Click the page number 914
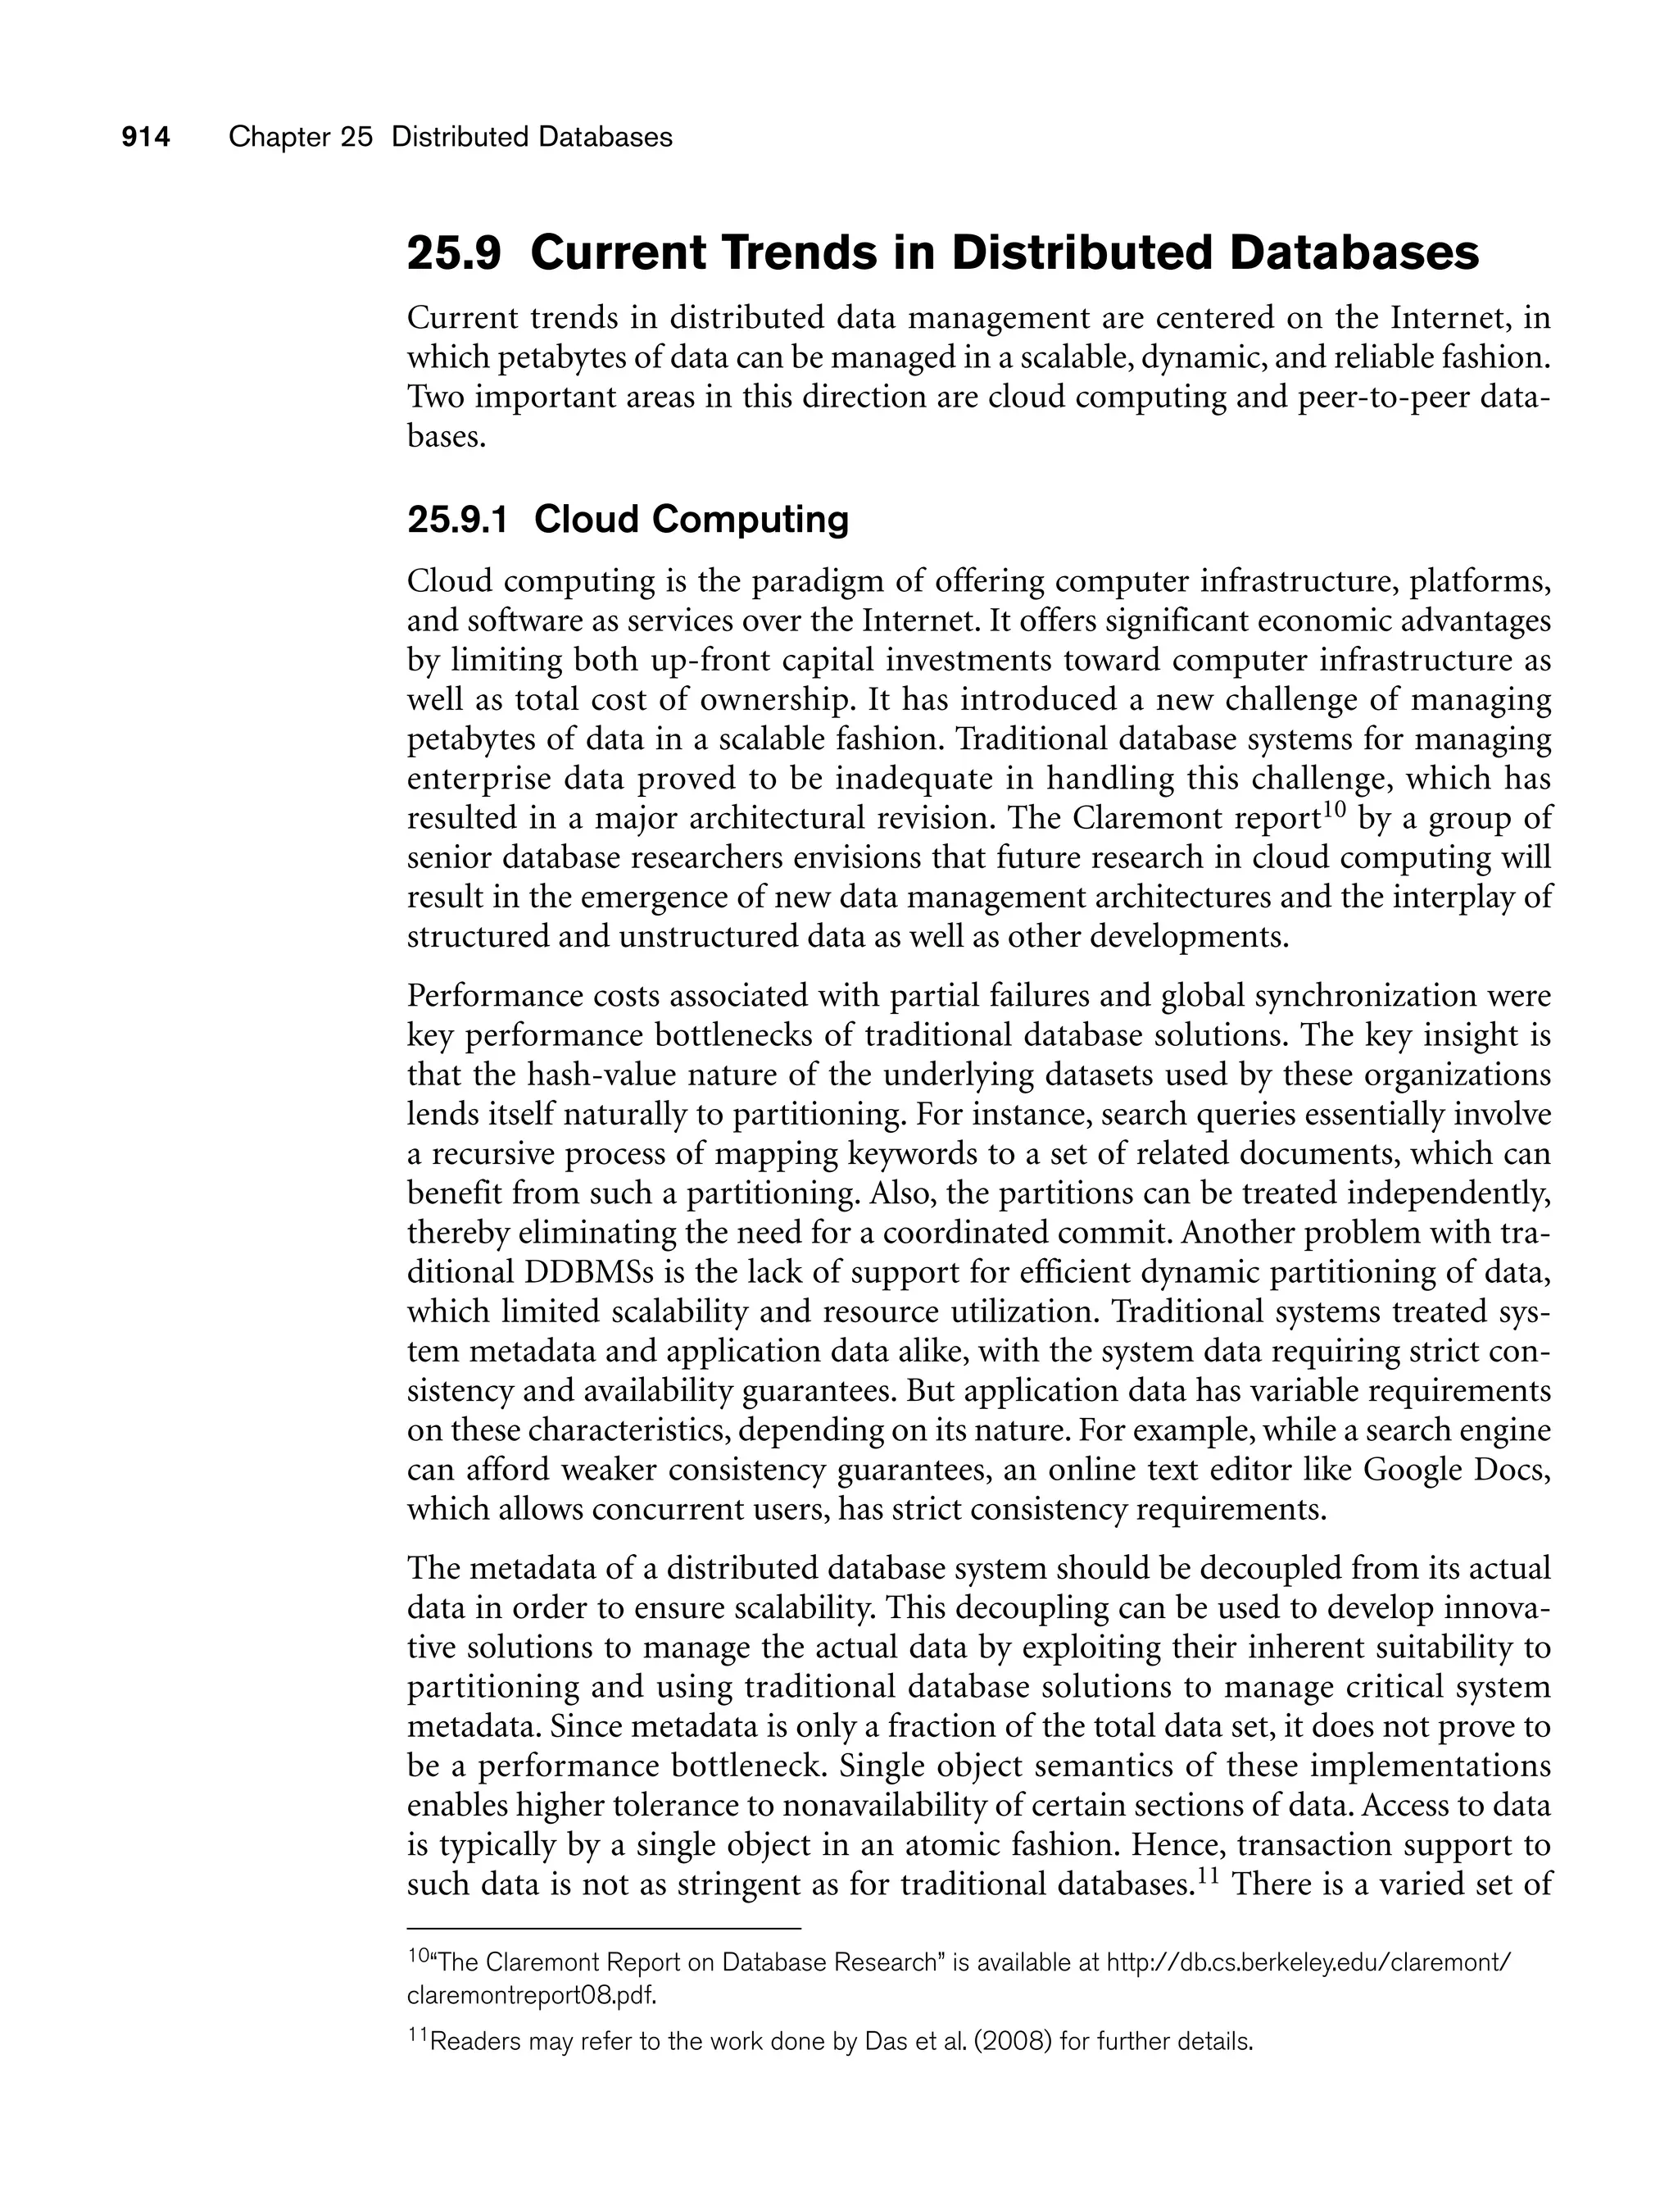point(146,138)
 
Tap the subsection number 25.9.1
point(457,520)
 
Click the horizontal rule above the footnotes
point(605,1927)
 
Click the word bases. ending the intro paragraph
point(447,437)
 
